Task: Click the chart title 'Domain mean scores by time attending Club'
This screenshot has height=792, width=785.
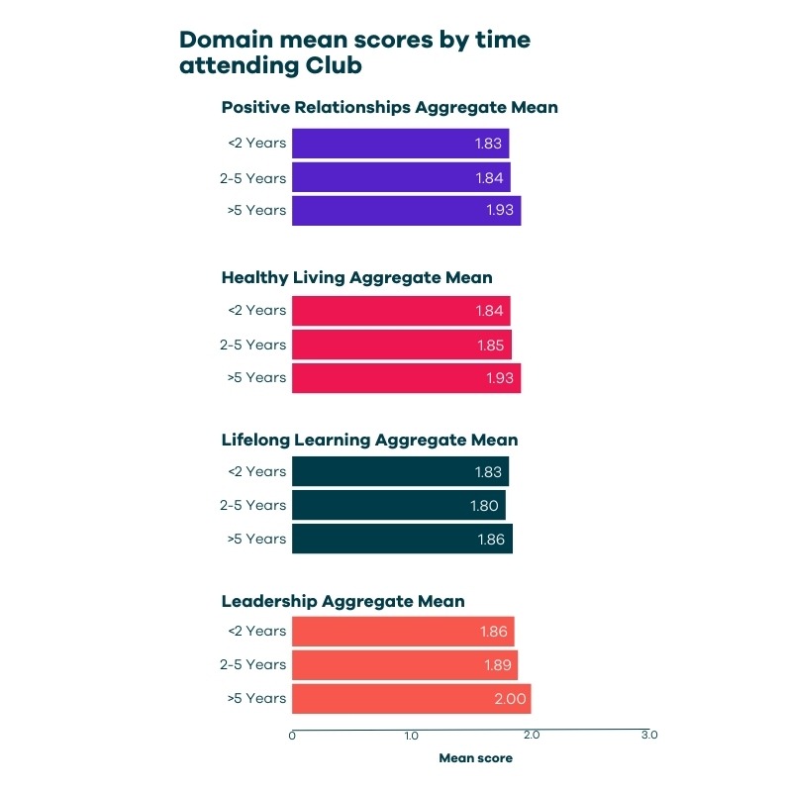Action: [354, 53]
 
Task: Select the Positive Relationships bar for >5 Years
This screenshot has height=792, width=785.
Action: [406, 211]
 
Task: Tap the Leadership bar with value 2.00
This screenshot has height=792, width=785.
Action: [411, 698]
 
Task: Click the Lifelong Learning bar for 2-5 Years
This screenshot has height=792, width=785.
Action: [398, 505]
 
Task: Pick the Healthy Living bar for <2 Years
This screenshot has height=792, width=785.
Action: [401, 311]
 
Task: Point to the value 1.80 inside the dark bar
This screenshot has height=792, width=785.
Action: [484, 505]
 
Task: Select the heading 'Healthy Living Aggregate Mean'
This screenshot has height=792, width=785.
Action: [356, 278]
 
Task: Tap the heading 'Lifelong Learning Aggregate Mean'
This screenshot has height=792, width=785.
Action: [369, 440]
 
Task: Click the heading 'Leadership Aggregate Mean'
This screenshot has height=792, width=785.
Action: [343, 601]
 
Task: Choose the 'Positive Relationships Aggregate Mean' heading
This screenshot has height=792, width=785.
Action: [389, 107]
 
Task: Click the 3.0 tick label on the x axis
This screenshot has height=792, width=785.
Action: [649, 736]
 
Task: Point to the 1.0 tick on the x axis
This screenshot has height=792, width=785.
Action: [411, 736]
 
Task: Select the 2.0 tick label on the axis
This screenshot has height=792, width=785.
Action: [531, 736]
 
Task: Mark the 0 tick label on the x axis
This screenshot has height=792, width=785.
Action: [292, 736]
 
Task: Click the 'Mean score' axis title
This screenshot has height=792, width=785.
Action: [475, 758]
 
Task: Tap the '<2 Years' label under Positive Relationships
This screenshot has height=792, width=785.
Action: [256, 143]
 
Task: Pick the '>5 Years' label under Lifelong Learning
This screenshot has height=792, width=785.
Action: [256, 539]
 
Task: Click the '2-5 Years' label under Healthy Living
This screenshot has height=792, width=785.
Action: [252, 345]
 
